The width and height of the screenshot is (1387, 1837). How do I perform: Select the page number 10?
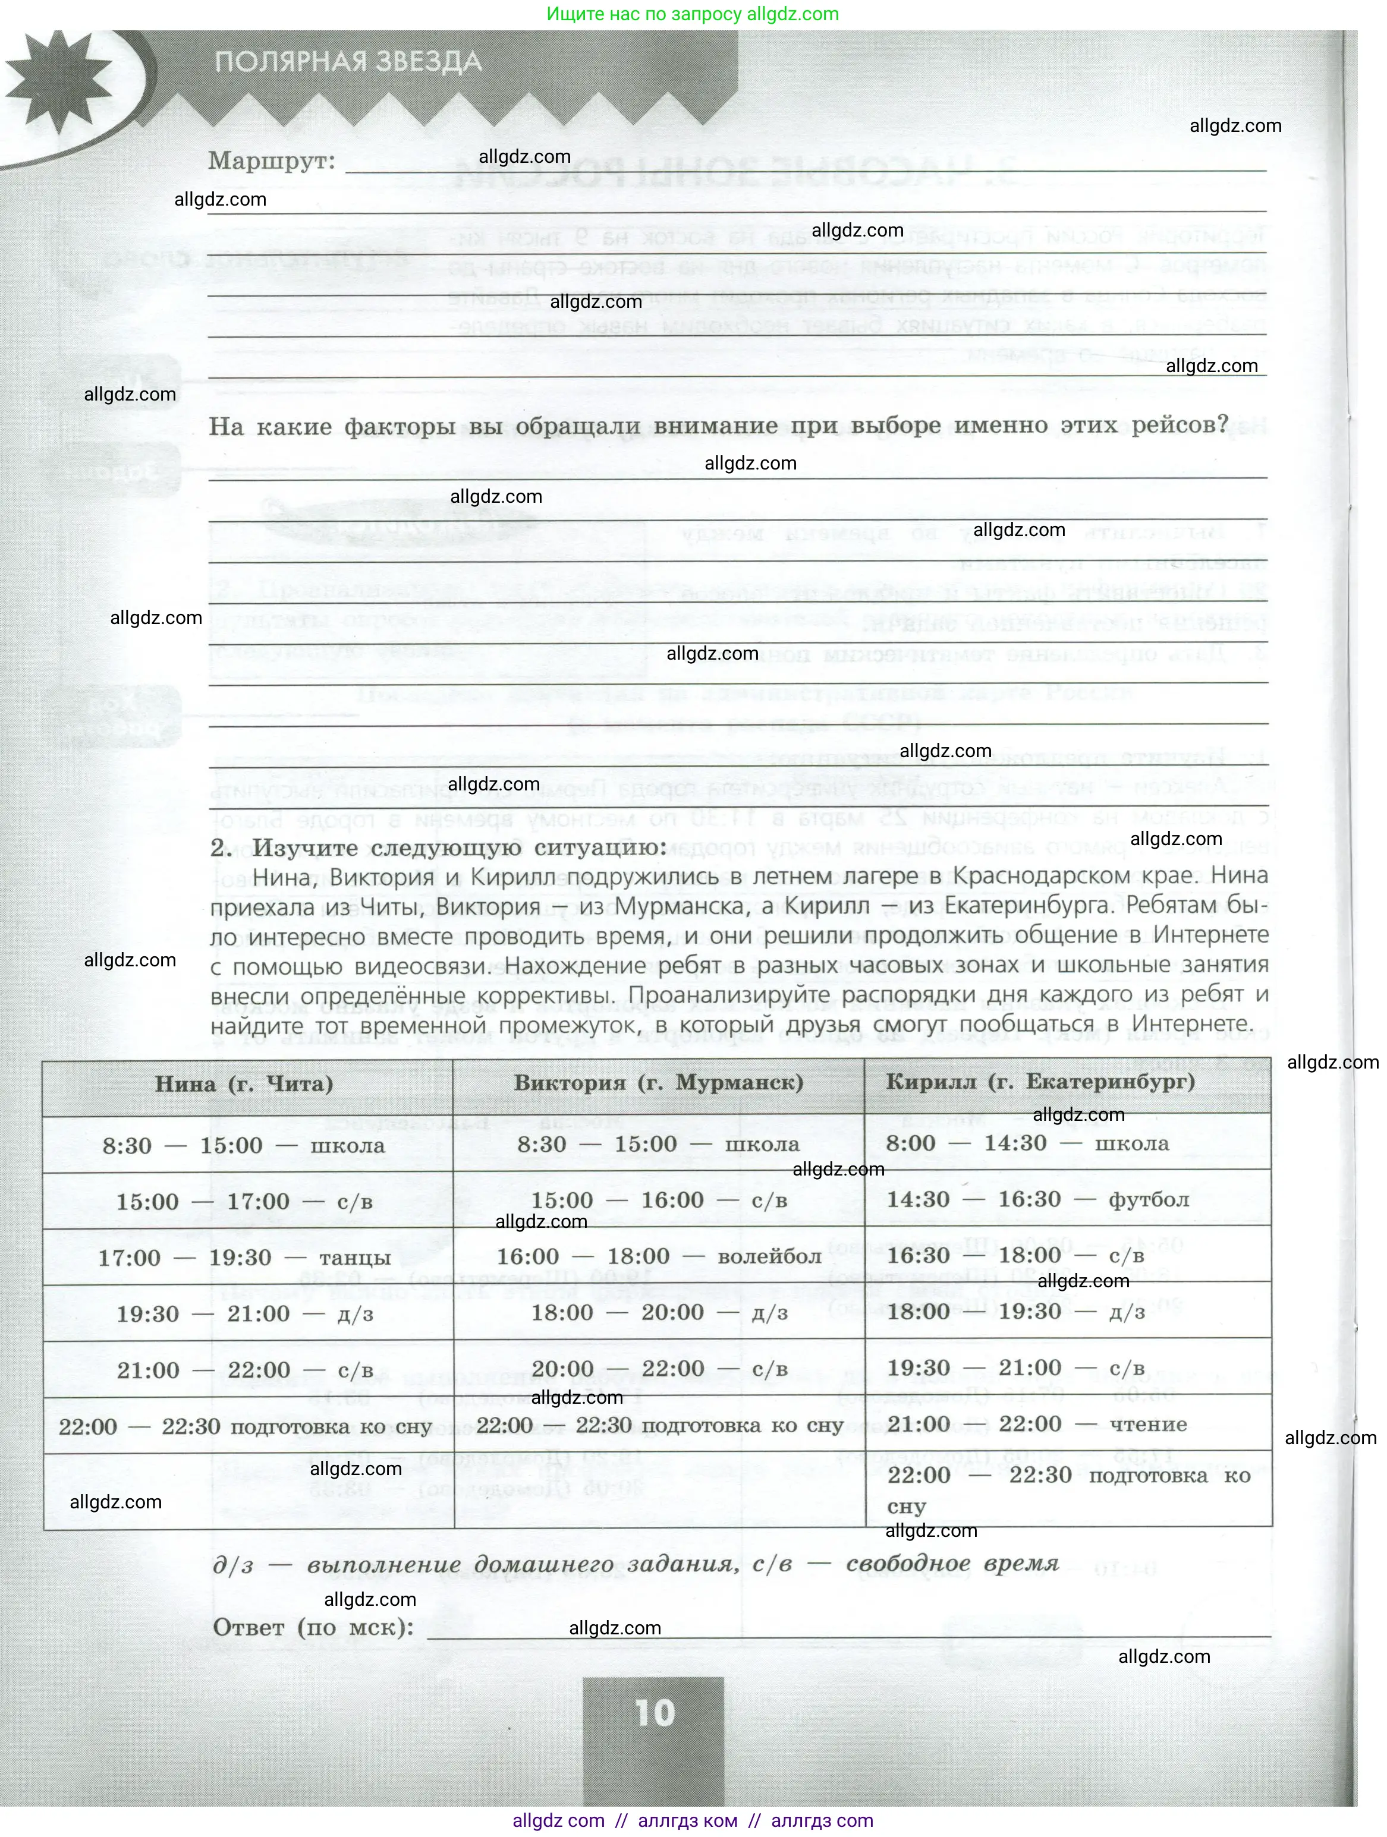coord(655,1712)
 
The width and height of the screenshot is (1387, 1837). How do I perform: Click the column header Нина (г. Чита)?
coord(244,1084)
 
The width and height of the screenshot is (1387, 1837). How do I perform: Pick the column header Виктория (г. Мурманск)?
coord(659,1082)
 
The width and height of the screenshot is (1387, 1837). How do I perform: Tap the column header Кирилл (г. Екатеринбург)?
coord(1040,1081)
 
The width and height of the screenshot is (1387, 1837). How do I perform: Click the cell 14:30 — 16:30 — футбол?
coord(1037,1199)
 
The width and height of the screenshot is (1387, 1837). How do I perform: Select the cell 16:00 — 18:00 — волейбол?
coord(659,1256)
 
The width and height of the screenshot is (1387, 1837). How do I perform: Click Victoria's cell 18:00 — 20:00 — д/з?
coord(659,1313)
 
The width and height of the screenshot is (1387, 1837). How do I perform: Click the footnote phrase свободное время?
coord(952,1564)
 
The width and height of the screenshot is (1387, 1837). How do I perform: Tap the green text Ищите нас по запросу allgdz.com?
coord(693,14)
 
